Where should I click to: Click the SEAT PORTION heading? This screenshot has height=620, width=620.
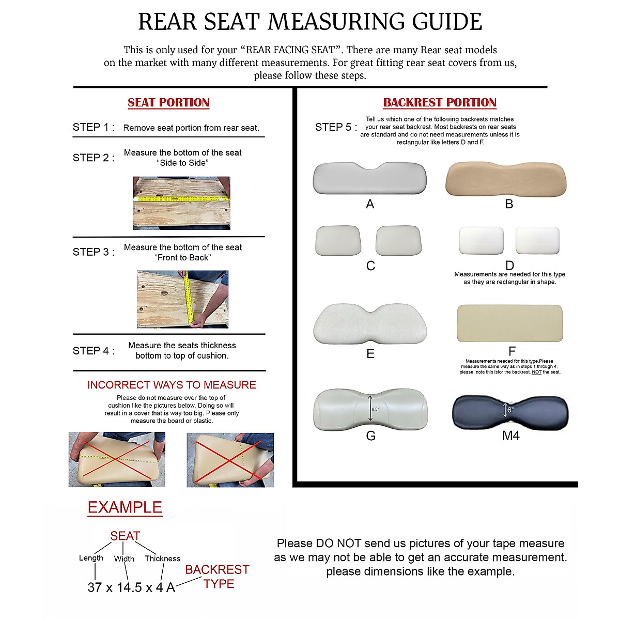click(x=168, y=102)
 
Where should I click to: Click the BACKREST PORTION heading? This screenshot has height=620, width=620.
click(x=440, y=102)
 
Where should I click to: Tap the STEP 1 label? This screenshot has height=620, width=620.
click(x=94, y=127)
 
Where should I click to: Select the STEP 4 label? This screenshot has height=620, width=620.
click(x=94, y=351)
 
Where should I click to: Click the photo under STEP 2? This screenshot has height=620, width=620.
click(x=181, y=203)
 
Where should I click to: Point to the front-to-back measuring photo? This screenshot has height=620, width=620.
click(x=182, y=299)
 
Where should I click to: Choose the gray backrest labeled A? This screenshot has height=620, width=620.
click(x=369, y=178)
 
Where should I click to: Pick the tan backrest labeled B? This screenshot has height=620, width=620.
click(x=506, y=179)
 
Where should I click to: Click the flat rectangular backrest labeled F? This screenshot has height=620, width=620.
click(x=509, y=323)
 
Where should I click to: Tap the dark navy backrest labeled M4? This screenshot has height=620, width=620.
click(x=510, y=412)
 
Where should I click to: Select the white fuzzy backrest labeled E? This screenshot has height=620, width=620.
click(x=370, y=324)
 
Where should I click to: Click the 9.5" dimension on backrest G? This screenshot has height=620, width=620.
click(x=375, y=409)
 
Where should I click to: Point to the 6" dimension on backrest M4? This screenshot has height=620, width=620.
click(x=510, y=410)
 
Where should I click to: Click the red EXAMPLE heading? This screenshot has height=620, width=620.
click(x=125, y=507)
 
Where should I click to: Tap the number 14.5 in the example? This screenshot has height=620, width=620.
click(x=129, y=587)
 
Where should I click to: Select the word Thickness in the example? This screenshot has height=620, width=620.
click(x=162, y=559)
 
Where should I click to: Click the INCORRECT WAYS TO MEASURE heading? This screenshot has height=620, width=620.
click(x=172, y=385)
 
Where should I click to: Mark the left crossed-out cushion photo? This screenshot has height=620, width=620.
click(x=117, y=459)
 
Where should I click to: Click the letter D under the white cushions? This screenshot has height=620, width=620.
click(x=509, y=266)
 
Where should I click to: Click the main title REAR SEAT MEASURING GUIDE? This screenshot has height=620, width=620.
click(x=310, y=22)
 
